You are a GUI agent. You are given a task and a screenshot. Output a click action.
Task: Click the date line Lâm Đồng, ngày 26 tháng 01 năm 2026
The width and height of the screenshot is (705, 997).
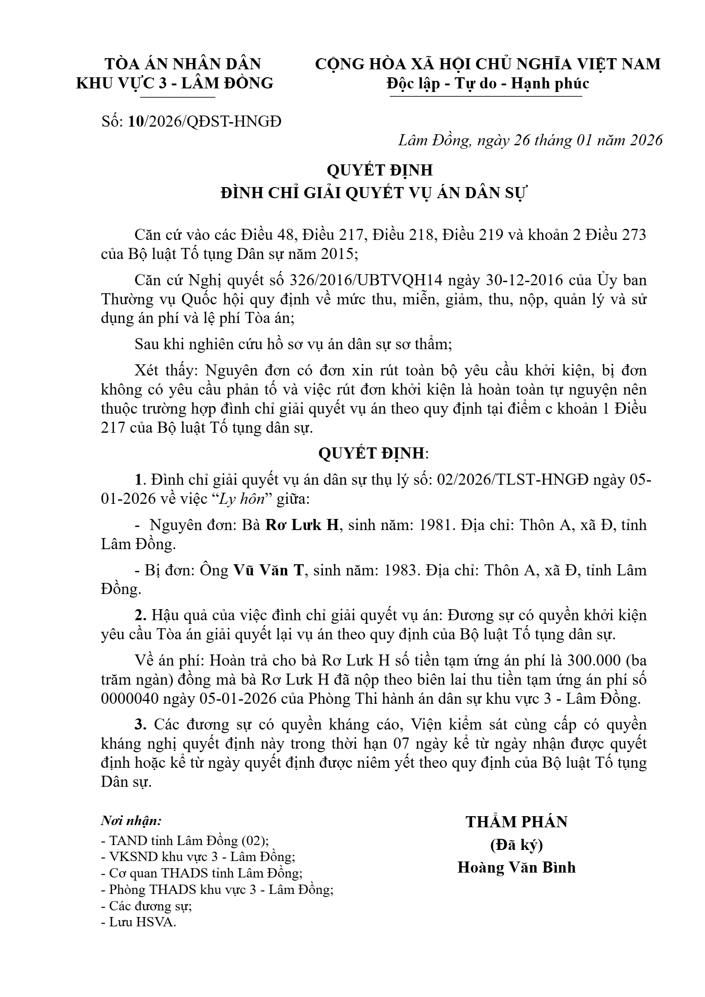coord(530,140)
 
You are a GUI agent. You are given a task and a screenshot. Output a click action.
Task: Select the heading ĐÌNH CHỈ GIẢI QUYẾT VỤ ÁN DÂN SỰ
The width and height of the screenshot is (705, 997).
coord(373,194)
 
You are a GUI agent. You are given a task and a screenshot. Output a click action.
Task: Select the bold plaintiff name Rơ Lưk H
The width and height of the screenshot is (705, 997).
coord(302,525)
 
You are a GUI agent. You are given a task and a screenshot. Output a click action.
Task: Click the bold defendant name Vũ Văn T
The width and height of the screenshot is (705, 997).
coord(268,570)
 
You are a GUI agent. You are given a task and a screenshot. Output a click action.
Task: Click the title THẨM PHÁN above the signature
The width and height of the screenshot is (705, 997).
coord(517,822)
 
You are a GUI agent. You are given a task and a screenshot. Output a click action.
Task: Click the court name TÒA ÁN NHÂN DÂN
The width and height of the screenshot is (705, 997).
coord(183,64)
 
